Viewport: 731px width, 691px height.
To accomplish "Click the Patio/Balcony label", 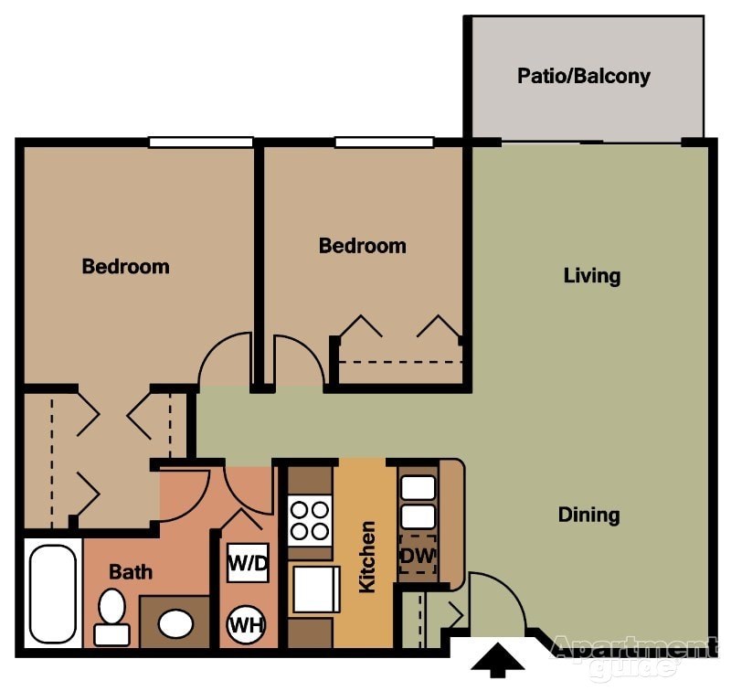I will pos(584,75).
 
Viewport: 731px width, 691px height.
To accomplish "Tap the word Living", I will pos(591,275).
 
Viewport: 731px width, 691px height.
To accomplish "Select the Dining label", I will pos(588,515).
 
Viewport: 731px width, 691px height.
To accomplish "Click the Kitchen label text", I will pos(367,557).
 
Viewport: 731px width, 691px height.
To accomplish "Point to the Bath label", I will pos(131,572).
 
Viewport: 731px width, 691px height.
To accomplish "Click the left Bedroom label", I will pos(125,267).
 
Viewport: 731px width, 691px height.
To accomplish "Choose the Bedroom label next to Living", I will pos(362,246).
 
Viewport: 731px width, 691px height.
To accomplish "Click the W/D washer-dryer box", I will pos(248,563).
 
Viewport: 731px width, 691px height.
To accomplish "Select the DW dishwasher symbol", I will pos(418,555).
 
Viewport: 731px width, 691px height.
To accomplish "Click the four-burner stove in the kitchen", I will pos(309,520).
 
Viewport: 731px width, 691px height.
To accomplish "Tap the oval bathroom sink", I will pos(175,623).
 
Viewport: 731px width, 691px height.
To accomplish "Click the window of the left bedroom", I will pos(200,142).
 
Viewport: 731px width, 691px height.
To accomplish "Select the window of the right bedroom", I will pos(384,142).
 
